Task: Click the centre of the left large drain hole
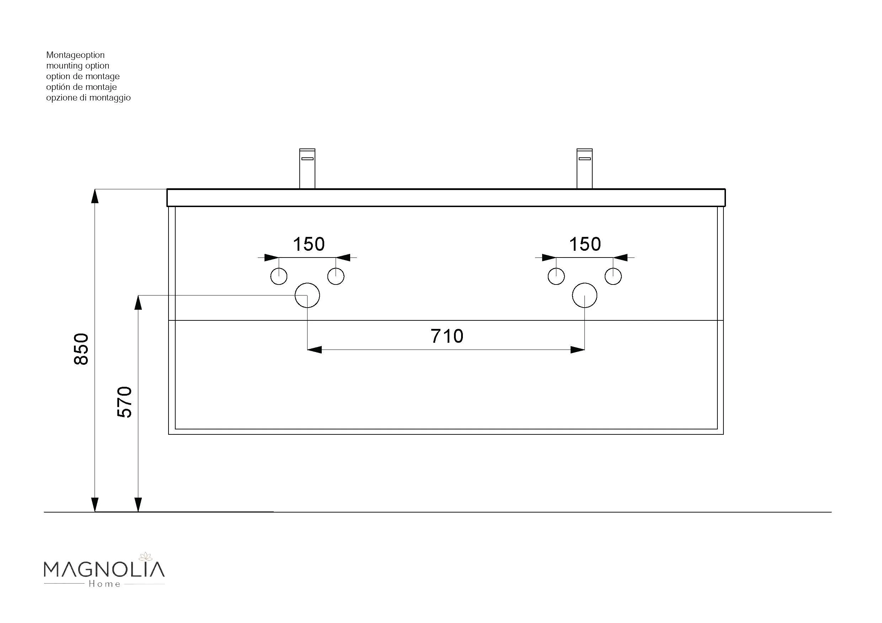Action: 307,295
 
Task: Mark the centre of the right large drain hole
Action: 584,295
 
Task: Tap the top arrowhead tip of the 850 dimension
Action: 95,189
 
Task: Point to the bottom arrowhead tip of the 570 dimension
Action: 138,512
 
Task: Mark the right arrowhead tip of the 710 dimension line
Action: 585,350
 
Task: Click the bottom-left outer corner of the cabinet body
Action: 169,434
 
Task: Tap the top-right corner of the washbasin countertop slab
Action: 725,189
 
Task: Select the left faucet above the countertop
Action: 307,168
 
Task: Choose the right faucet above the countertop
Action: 584,168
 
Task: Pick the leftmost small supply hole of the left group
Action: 278,276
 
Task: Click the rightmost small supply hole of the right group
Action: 613,276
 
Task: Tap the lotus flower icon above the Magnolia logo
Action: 146,556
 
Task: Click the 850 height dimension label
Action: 81,349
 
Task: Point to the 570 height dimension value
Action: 124,402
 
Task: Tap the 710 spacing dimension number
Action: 447,336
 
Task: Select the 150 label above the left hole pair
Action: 309,244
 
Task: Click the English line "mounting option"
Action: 77,66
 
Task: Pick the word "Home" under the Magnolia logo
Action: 105,584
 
